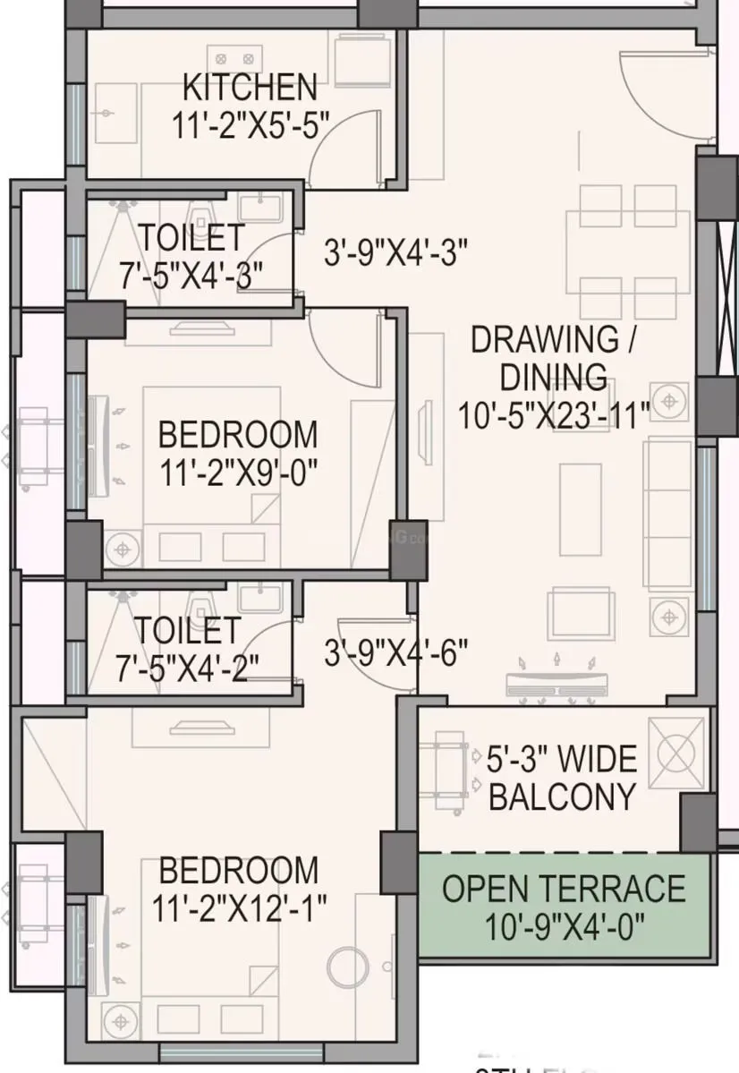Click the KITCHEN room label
(250, 88)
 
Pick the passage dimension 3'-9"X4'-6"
(395, 654)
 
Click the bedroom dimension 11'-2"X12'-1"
(237, 908)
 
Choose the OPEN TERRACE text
(565, 889)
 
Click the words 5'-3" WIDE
(562, 760)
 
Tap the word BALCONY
(562, 796)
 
